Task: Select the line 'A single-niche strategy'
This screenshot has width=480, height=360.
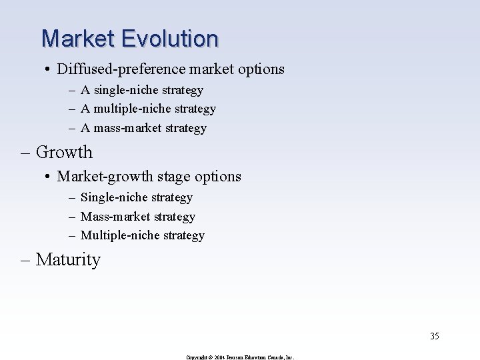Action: (142, 89)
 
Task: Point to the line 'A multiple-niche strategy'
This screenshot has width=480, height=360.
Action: (148, 108)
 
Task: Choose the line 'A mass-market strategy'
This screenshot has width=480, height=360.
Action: (143, 127)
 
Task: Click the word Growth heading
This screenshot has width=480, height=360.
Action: (64, 152)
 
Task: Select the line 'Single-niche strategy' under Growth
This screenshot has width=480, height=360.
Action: (136, 197)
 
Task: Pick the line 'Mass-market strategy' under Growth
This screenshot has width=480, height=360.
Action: (137, 217)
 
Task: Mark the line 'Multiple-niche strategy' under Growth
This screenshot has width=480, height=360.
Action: (142, 235)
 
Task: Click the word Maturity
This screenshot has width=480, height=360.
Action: (68, 259)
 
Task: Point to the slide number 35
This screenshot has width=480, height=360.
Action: (435, 335)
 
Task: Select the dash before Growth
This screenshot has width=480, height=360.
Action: (27, 153)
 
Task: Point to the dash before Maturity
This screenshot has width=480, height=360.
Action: (27, 260)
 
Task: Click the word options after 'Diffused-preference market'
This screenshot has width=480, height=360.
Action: (261, 69)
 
